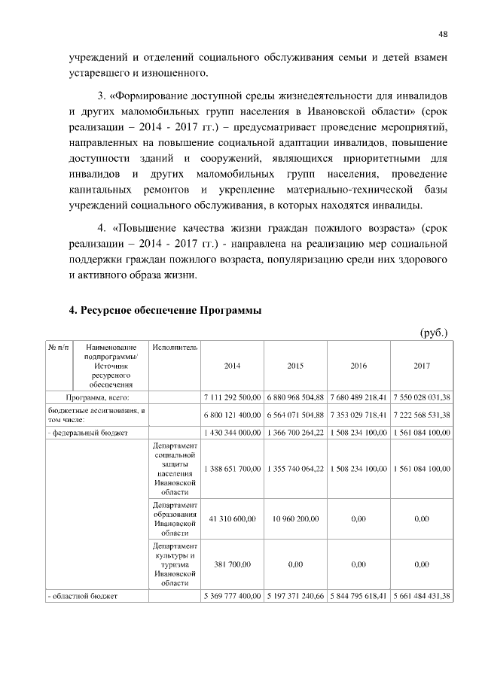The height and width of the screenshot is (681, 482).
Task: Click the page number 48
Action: click(444, 33)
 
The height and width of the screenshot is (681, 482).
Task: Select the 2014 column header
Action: click(233, 366)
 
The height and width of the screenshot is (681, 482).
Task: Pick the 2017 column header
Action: click(422, 366)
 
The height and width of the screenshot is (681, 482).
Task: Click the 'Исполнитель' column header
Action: click(175, 348)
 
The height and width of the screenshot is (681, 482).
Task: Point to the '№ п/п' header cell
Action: click(58, 348)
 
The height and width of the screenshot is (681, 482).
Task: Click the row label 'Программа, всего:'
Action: click(98, 397)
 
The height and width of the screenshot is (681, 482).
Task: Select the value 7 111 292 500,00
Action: click(233, 397)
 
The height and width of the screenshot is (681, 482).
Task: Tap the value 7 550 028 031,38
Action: click(422, 397)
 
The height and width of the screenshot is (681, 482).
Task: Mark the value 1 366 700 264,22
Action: click(295, 433)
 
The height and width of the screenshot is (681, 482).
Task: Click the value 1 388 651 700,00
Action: click(233, 469)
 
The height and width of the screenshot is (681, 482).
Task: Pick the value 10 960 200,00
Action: click(295, 519)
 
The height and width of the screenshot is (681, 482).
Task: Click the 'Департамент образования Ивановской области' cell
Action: click(175, 519)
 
